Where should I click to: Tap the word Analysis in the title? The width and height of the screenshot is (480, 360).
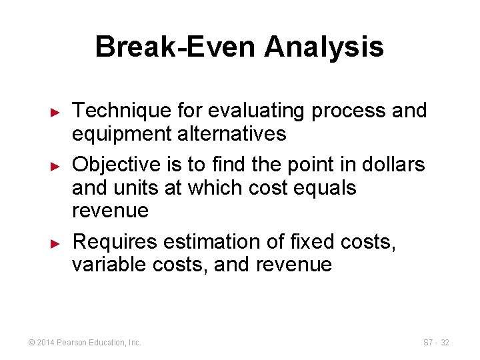click(x=324, y=47)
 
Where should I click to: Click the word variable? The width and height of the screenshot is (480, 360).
click(x=110, y=265)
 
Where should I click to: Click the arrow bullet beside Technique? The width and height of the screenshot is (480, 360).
click(x=56, y=112)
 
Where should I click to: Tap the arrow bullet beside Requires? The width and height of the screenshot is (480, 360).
click(x=56, y=243)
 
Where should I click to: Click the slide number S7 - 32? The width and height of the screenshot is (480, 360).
click(x=436, y=343)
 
